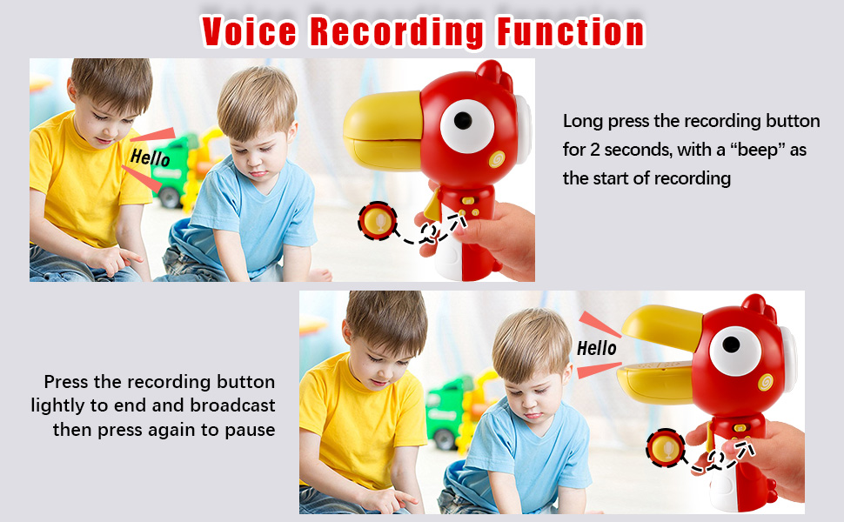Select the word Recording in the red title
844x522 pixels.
click(397, 32)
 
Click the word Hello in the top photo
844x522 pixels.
click(150, 158)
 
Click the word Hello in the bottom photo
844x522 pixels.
click(597, 348)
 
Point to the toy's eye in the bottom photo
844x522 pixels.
click(735, 351)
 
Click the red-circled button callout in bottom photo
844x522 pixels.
click(664, 449)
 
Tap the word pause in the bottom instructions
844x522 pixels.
click(251, 429)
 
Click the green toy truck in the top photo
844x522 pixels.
click(174, 170)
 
